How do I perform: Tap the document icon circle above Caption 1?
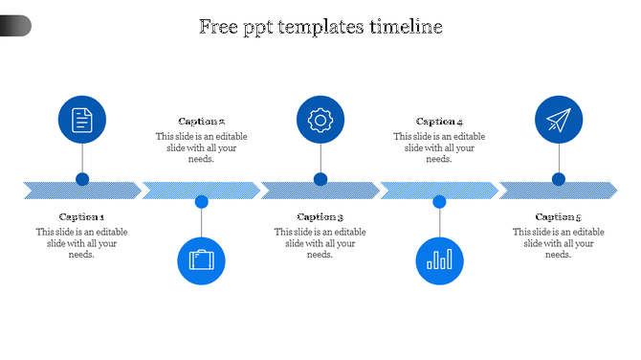[82, 120]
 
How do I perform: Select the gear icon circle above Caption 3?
[320, 120]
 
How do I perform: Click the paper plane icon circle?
[559, 120]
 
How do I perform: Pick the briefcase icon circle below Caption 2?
[202, 260]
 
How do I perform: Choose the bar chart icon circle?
[440, 260]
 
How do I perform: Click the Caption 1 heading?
[82, 217]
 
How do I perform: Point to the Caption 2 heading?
[202, 122]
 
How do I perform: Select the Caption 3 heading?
[320, 217]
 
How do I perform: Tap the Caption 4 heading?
[440, 122]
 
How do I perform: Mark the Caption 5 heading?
[559, 217]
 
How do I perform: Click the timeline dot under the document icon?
[82, 179]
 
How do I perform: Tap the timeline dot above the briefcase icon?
[202, 202]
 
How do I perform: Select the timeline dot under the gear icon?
[320, 179]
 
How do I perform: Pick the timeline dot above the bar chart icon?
[440, 202]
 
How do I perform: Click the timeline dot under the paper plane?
[559, 179]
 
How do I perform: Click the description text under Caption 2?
[202, 147]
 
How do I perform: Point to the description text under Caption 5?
[559, 243]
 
